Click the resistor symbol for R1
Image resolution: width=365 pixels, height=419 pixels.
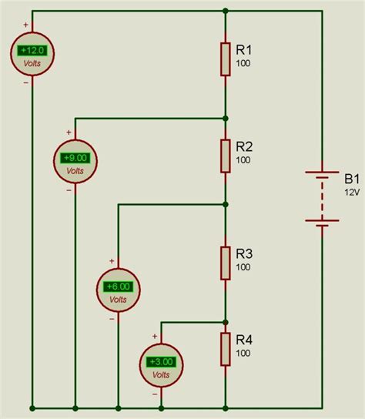(225, 59)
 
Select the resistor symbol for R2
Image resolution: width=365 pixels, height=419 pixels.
(225, 156)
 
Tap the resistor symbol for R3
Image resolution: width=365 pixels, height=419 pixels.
(225, 263)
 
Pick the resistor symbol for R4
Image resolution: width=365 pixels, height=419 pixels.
(225, 349)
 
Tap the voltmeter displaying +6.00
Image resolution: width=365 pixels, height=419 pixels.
(118, 290)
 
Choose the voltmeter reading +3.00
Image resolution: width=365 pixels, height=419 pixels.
(161, 364)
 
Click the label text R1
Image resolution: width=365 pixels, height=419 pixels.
(245, 49)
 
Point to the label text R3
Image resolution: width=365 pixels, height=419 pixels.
(245, 253)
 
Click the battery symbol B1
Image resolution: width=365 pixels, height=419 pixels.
(322, 196)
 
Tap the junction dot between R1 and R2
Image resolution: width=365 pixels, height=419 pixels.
(225, 119)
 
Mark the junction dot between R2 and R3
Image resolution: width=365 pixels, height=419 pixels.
(225, 205)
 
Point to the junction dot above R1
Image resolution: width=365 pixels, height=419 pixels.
(225, 12)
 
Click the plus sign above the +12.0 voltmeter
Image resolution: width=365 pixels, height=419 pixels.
(25, 25)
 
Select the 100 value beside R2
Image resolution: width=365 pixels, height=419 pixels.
(243, 159)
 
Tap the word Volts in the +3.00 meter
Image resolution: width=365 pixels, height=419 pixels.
(161, 374)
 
